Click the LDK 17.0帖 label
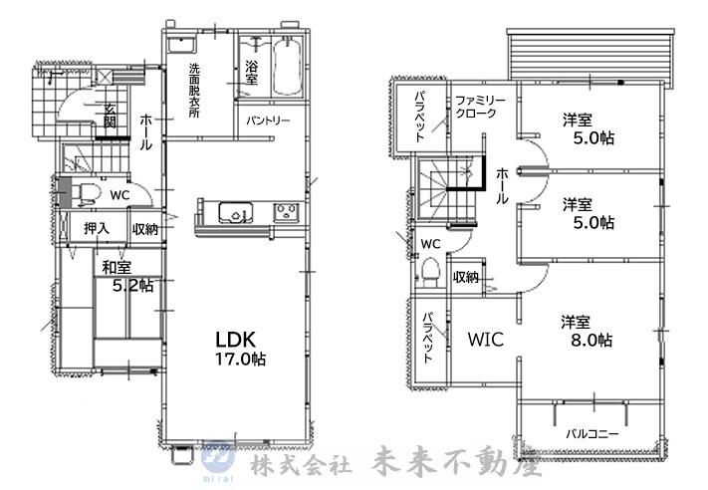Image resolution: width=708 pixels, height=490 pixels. point(240,348)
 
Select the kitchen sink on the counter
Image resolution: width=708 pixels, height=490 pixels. point(236,212)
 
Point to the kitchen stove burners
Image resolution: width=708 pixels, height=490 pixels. point(286,212)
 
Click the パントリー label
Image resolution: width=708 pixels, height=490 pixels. point(268,121)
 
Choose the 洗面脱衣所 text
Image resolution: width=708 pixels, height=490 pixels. point(194,91)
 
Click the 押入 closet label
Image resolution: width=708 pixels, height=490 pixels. point(97,228)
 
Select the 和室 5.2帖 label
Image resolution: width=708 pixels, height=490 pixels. point(127,277)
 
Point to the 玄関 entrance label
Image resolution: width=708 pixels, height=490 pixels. point(110,116)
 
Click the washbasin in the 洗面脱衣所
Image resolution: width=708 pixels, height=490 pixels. point(181,45)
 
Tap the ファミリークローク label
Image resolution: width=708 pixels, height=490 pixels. point(480,107)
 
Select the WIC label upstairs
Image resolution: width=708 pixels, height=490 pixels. point(486,339)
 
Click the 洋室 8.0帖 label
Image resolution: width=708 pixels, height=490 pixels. point(587,331)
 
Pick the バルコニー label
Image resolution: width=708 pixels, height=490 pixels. point(592,434)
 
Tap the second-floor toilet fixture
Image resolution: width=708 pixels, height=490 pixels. point(430,272)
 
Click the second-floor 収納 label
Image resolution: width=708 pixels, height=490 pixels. point(466,277)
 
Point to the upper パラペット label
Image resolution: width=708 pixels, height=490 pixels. point(420,117)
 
